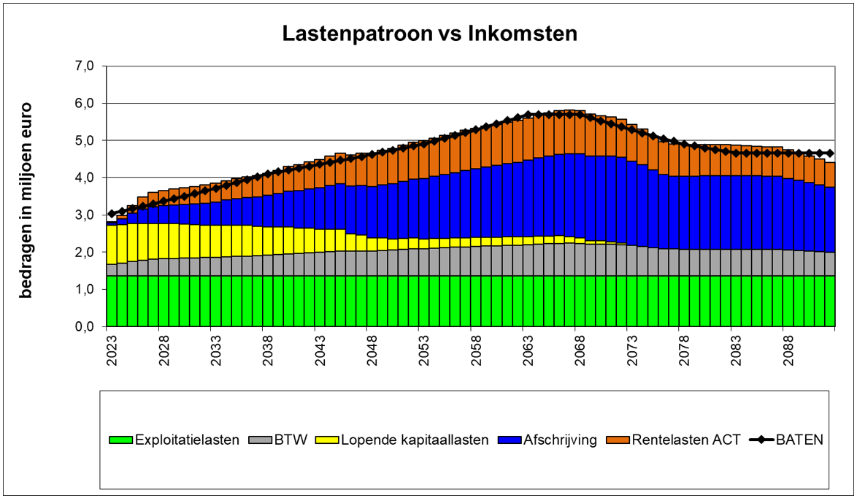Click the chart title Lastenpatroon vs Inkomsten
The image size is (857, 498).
430,34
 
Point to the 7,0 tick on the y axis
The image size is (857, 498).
85,66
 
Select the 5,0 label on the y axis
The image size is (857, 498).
85,140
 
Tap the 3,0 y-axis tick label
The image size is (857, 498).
85,215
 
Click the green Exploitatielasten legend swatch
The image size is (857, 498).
120,440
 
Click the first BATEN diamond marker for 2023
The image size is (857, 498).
111,214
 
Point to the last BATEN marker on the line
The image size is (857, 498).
830,153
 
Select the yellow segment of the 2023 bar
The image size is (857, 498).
112,245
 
